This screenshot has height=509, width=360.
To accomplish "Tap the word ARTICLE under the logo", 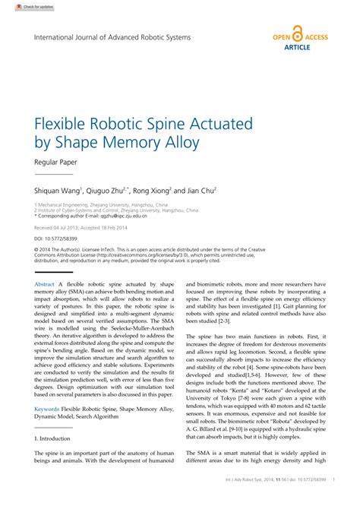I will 297,47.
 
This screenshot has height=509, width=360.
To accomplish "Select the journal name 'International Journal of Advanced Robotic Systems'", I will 112,36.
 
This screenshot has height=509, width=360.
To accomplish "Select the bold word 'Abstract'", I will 45,284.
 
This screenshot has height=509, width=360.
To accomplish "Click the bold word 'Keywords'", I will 46,409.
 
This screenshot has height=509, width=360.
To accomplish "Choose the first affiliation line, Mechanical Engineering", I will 104,204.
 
